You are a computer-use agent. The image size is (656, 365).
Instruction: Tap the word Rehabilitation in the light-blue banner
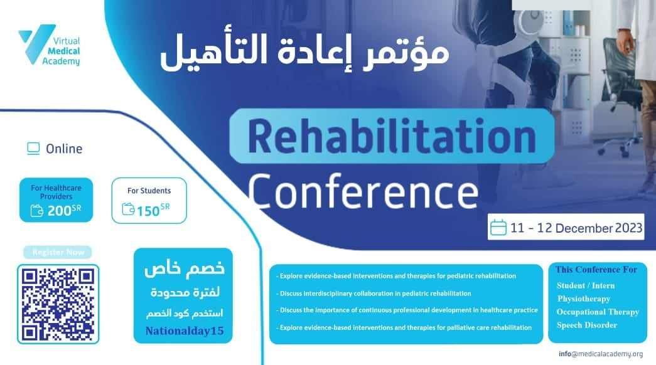pyautogui.click(x=392, y=136)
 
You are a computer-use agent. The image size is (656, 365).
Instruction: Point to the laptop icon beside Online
pyautogui.click(x=33, y=149)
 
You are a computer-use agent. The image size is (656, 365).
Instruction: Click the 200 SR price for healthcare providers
pyautogui.click(x=64, y=210)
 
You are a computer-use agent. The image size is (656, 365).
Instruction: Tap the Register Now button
pyautogui.click(x=58, y=252)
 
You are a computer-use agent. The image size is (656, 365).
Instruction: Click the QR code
pyautogui.click(x=58, y=304)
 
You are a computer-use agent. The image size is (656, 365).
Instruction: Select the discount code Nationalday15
pyautogui.click(x=185, y=331)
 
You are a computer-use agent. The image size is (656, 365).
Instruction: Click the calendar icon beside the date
pyautogui.click(x=498, y=227)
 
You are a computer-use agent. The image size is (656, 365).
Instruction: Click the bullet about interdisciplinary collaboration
pyautogui.click(x=374, y=294)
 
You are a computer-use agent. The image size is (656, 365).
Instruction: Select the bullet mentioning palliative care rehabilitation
pyautogui.click(x=404, y=327)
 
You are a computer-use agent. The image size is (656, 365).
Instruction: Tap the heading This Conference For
pyautogui.click(x=596, y=270)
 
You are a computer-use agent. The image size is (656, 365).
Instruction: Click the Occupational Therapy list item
pyautogui.click(x=598, y=312)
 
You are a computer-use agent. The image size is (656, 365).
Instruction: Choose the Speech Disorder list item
pyautogui.click(x=586, y=325)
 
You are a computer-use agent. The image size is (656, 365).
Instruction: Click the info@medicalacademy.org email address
pyautogui.click(x=601, y=354)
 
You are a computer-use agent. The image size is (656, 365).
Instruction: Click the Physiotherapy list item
pyautogui.click(x=584, y=299)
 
